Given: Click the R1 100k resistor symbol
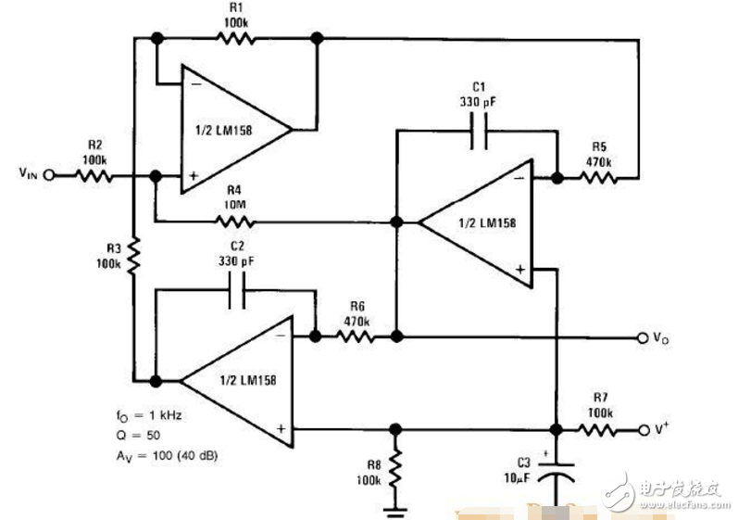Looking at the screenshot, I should click(x=235, y=38).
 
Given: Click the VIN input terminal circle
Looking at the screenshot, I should click(x=49, y=174).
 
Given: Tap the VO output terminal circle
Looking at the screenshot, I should click(x=643, y=338).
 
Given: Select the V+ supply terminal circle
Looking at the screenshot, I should click(x=643, y=431).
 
